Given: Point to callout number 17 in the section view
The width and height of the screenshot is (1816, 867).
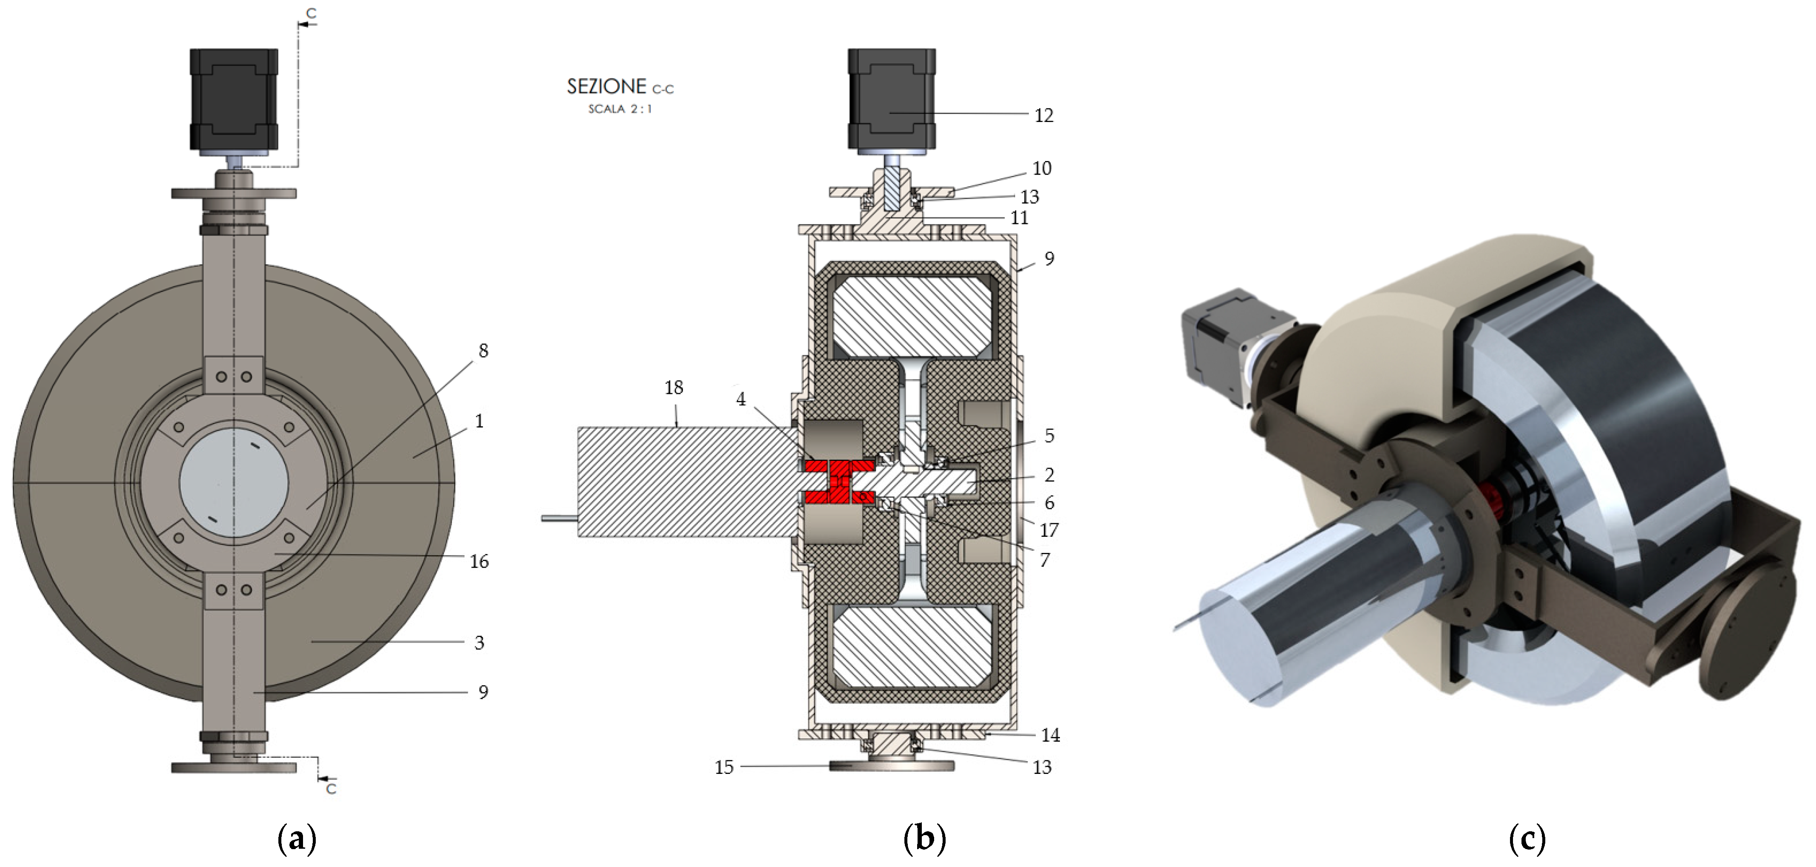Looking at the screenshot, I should (1049, 530).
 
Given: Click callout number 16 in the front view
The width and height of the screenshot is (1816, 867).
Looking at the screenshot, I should (479, 562).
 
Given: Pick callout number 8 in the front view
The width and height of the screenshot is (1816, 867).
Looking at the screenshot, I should (483, 351).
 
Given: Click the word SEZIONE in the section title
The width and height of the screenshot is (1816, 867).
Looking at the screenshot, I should (606, 87).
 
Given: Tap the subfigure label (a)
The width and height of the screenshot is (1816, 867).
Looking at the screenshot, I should (297, 839).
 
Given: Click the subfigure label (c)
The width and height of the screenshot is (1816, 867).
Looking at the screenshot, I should (1527, 839).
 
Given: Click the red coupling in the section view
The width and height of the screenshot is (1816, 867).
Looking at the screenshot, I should (839, 482).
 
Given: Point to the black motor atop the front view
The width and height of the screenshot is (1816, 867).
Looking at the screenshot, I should (233, 99).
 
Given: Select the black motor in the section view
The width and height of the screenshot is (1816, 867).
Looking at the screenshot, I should (891, 99).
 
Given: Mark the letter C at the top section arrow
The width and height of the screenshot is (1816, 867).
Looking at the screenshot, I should (311, 14).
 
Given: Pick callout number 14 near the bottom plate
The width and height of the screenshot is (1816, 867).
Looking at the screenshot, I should (1051, 735).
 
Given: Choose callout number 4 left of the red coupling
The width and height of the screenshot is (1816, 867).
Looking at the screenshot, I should (740, 399).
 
